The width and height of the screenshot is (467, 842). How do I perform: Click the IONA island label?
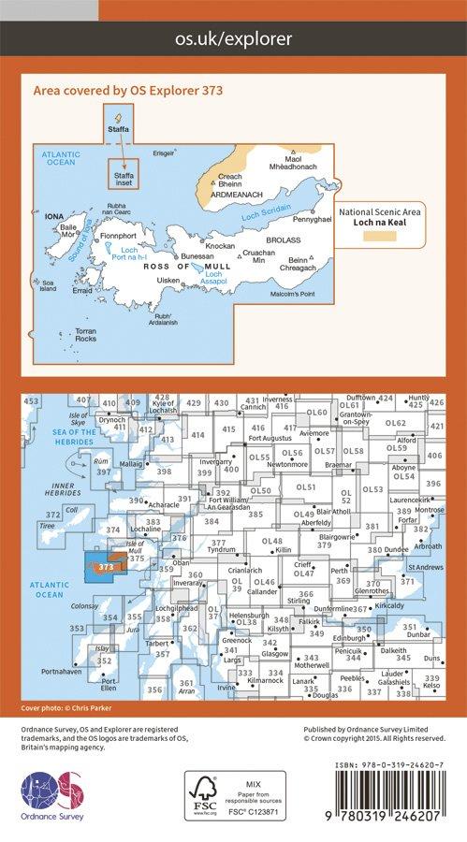54,215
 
